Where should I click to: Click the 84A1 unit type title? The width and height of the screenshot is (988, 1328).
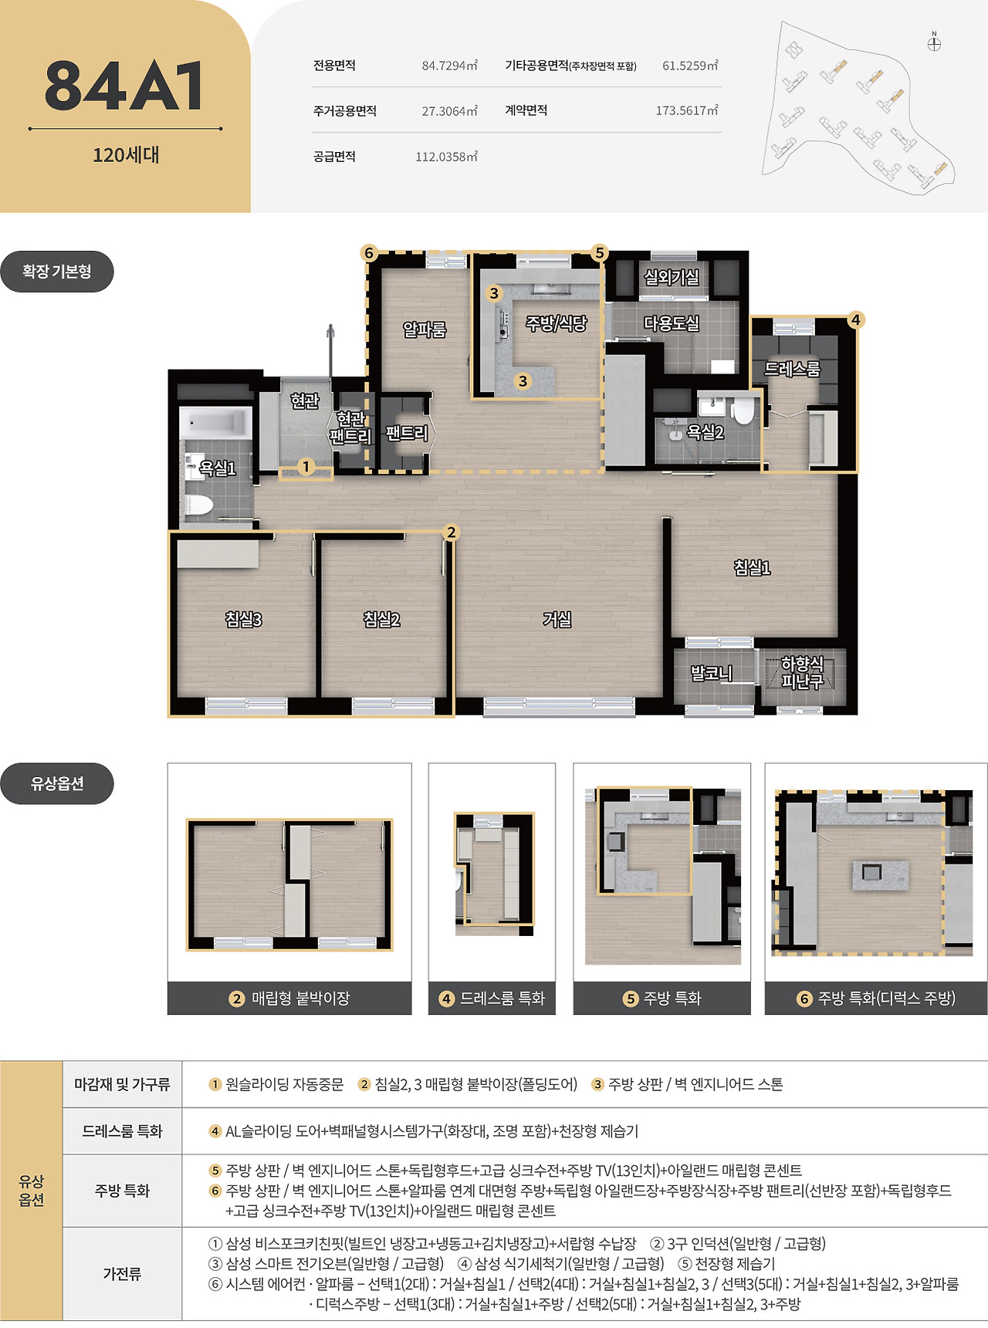tap(125, 86)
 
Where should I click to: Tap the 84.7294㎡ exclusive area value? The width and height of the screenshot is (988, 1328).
tap(449, 66)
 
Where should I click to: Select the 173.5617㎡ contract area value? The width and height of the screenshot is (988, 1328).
tap(686, 110)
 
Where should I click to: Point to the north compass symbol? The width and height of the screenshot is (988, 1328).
tap(934, 42)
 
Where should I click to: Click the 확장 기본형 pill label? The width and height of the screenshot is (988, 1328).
tap(57, 272)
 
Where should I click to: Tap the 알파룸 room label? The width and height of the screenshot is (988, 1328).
tap(425, 329)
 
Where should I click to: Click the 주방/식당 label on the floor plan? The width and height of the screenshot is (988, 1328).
tap(556, 323)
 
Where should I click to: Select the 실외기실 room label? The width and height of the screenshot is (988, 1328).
tap(672, 276)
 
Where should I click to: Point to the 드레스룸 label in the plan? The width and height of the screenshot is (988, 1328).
tap(792, 369)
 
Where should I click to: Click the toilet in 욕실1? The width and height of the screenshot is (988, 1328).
tap(198, 506)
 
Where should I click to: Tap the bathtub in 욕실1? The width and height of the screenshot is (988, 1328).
tap(215, 423)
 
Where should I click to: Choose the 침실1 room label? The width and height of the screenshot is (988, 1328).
tap(752, 568)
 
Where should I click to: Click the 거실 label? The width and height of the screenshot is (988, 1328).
tap(557, 619)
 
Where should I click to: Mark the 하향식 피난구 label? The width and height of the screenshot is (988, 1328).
tap(802, 672)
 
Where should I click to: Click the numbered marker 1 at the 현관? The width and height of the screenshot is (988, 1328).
tap(306, 466)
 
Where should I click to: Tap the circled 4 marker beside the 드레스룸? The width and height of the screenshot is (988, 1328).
tap(855, 319)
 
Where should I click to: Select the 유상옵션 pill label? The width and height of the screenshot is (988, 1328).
tap(57, 784)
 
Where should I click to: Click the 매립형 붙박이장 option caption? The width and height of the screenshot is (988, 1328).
tap(300, 999)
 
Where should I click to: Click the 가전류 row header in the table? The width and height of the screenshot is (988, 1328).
tap(122, 1274)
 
